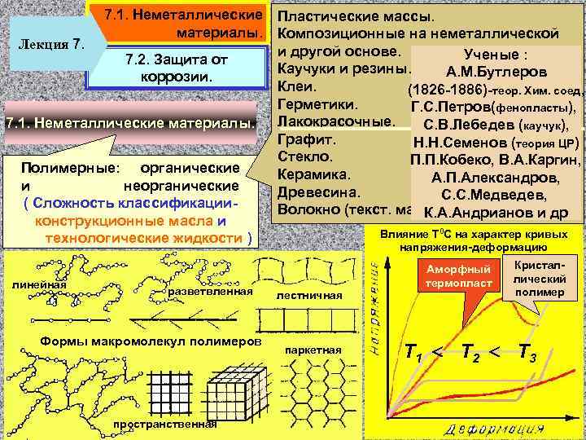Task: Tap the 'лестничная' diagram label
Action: tap(309, 295)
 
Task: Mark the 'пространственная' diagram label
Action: tap(165, 425)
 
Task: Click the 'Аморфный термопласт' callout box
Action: tap(458, 275)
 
